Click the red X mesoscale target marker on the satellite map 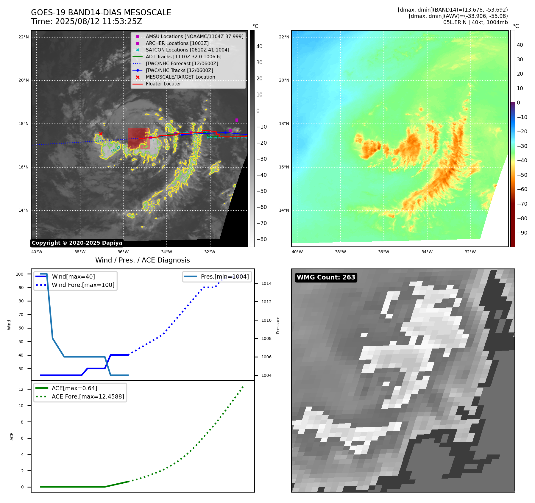tap(101, 134)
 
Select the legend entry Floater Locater tap(163, 84)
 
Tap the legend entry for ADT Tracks tap(183, 57)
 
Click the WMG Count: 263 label tap(326, 277)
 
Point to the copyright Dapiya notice tap(77, 243)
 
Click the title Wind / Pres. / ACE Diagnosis tap(142, 260)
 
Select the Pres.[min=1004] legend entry tap(224, 277)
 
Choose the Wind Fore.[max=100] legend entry tap(83, 285)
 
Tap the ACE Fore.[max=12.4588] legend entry tap(88, 396)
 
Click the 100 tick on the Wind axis tap(20, 274)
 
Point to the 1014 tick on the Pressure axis tap(266, 283)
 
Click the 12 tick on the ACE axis tap(21, 389)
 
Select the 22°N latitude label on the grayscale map tap(24, 37)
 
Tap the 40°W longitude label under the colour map tap(297, 252)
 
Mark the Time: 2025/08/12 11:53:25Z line tap(86, 21)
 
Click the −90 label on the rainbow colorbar tap(522, 233)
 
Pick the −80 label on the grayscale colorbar tap(262, 239)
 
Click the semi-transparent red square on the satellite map tap(139, 138)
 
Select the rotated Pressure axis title tap(278, 325)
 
